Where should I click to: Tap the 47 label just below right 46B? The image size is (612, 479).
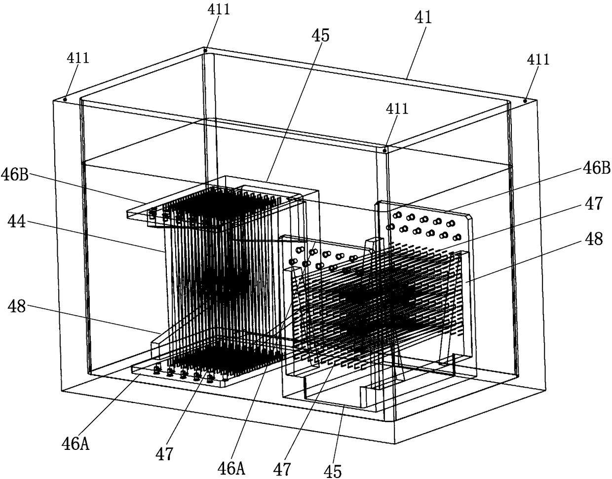[x=594, y=203]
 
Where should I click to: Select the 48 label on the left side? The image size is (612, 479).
[x=17, y=306]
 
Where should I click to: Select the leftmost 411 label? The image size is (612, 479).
[x=78, y=58]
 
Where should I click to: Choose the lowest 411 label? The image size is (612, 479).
[x=397, y=109]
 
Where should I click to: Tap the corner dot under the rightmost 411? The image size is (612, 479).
[x=525, y=100]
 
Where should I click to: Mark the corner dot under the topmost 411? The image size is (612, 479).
[x=205, y=50]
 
